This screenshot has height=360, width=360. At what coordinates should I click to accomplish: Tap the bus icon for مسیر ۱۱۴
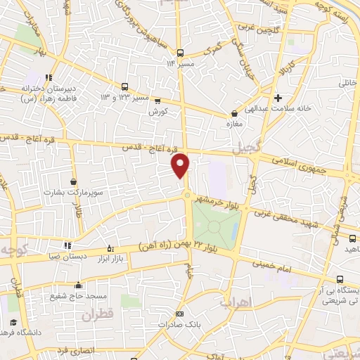[x=181, y=53]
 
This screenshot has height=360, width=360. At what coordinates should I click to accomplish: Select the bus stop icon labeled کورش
[x=157, y=101]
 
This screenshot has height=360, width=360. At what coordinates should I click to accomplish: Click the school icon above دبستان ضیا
[x=67, y=245]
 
